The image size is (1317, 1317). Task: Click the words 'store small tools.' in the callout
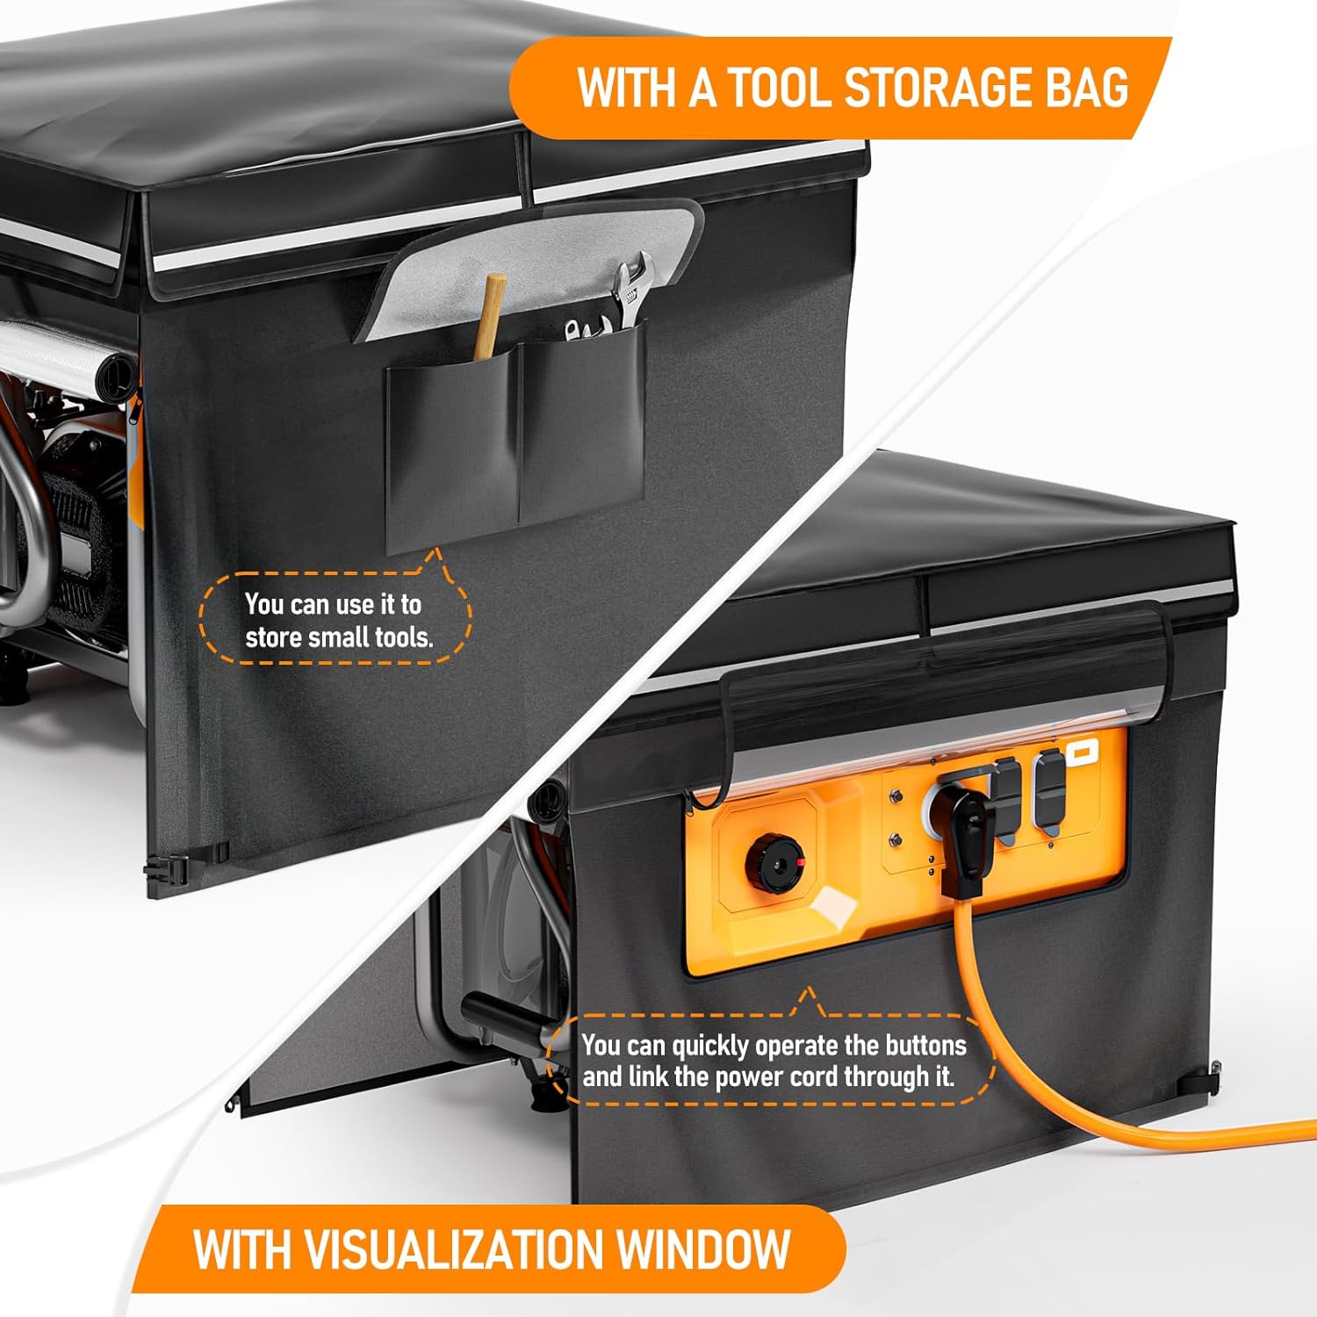click(x=339, y=637)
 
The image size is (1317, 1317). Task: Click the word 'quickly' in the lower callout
click(x=709, y=1047)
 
